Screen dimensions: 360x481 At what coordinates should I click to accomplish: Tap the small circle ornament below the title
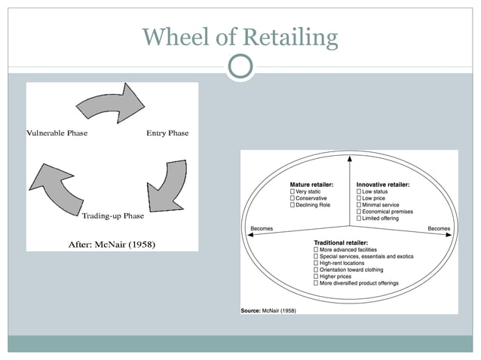pos(240,68)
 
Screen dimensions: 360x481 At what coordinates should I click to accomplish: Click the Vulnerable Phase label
pos(57,133)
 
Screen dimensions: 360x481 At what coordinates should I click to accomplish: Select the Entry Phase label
pos(167,133)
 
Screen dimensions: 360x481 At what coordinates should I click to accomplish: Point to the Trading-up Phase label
pos(112,216)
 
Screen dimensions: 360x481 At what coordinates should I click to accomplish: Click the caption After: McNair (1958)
pos(112,244)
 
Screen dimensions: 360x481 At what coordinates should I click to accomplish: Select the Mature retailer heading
pos(311,185)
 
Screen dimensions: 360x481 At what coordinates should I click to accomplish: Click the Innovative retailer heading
pos(382,185)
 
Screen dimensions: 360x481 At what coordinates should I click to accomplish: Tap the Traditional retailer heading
pos(341,243)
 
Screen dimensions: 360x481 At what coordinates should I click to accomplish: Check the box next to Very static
pos(293,192)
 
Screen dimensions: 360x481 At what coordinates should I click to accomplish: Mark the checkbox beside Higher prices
pos(316,276)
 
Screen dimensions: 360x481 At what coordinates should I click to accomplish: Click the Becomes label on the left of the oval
pos(262,228)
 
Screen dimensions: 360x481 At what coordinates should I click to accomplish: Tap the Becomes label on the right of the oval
pos(439,228)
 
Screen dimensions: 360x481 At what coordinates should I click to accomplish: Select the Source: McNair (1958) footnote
pos(268,310)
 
